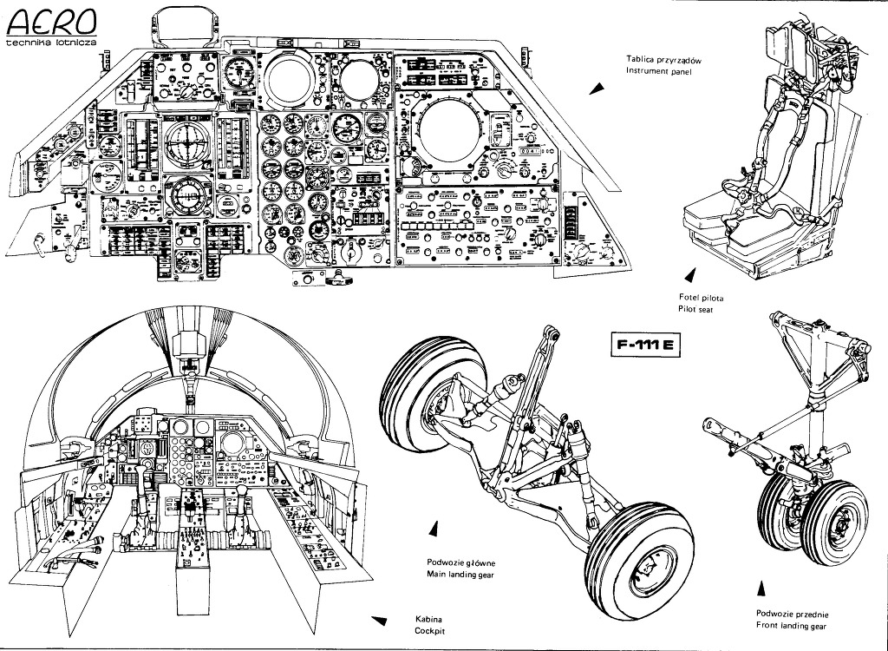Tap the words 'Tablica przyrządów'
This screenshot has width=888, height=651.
663,59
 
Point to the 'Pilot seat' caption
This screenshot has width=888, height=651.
695,309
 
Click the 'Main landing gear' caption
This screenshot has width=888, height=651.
462,575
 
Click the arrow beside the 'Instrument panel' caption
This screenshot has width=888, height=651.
595,89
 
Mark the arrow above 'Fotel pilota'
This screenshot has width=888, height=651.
690,275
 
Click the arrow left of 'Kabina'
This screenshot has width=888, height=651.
378,620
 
